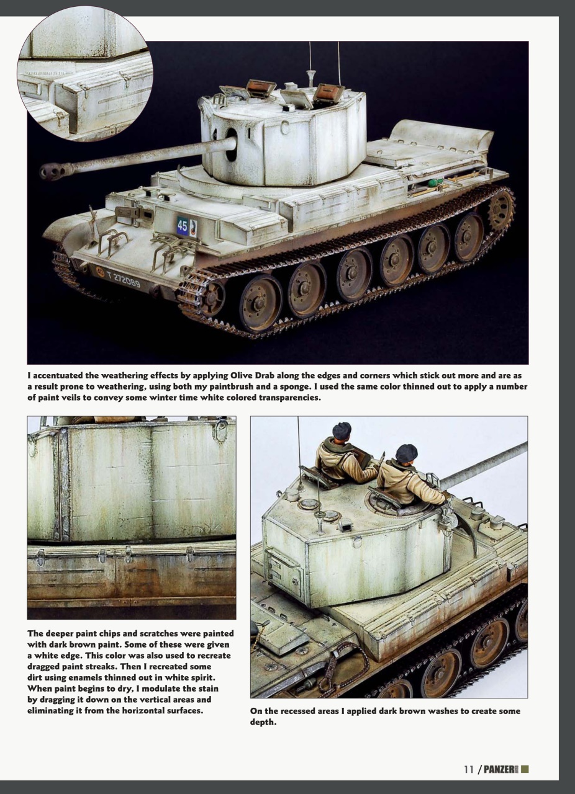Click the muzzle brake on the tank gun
click(52, 171)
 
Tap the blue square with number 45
click(183, 226)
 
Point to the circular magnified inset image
click(85, 74)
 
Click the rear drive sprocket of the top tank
click(501, 209)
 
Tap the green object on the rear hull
click(437, 182)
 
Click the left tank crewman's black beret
click(342, 430)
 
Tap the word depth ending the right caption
click(263, 722)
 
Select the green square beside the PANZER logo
click(525, 769)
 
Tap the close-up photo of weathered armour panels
click(131, 517)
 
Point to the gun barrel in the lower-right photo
click(484, 464)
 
